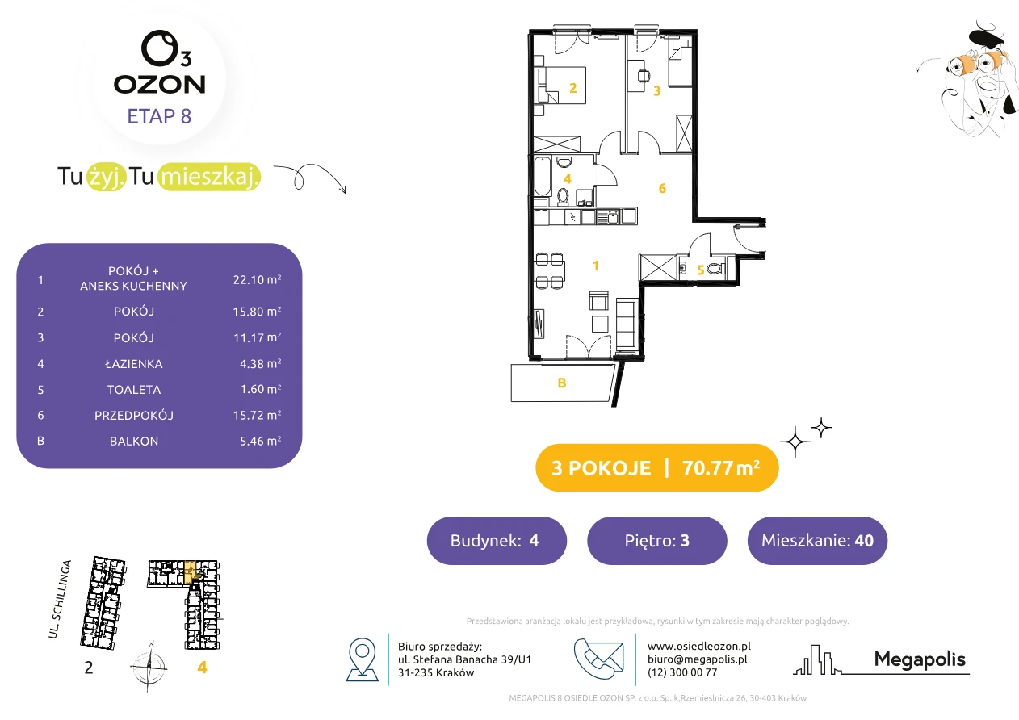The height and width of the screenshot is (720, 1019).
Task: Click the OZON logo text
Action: pyautogui.click(x=159, y=85)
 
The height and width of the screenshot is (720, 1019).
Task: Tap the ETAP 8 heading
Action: pyautogui.click(x=159, y=116)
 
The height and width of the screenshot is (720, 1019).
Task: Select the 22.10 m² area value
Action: pyautogui.click(x=257, y=279)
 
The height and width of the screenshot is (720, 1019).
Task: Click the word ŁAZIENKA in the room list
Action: pyautogui.click(x=134, y=364)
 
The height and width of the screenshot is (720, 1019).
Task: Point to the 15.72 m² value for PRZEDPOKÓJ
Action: pyautogui.click(x=257, y=415)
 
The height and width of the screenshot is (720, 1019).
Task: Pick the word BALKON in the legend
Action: pyautogui.click(x=134, y=442)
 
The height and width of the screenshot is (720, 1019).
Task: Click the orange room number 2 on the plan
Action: pyautogui.click(x=573, y=88)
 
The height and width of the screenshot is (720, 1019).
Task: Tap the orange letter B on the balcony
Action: pyautogui.click(x=562, y=383)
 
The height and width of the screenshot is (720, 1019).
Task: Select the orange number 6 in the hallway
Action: pyautogui.click(x=662, y=188)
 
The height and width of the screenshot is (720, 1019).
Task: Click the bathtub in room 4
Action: pyautogui.click(x=543, y=177)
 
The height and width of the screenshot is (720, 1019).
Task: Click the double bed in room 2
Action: pyautogui.click(x=562, y=86)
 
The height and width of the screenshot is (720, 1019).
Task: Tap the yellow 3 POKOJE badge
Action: pyautogui.click(x=657, y=467)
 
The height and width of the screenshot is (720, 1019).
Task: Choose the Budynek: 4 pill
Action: pyautogui.click(x=497, y=541)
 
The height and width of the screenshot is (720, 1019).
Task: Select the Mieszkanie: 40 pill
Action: pyautogui.click(x=817, y=541)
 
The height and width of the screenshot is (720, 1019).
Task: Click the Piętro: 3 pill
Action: pyautogui.click(x=657, y=541)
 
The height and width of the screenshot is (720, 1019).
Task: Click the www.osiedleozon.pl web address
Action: pyautogui.click(x=699, y=646)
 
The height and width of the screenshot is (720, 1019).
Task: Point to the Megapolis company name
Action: pyautogui.click(x=920, y=659)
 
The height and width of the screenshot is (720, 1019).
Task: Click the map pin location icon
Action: pyautogui.click(x=362, y=659)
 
